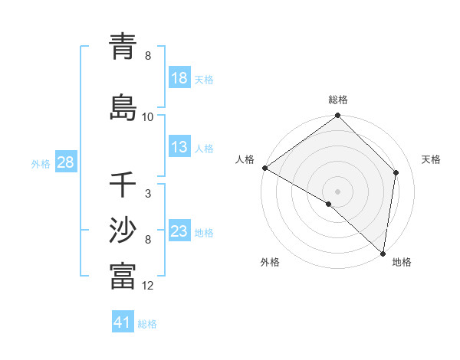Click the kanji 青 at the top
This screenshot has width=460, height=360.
[x=123, y=47]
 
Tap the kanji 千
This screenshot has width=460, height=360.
[x=123, y=185]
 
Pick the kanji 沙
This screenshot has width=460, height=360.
[x=123, y=230]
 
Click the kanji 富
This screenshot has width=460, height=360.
[x=123, y=276]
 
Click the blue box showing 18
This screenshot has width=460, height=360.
[x=179, y=78]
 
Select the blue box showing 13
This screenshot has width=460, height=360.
[x=179, y=147]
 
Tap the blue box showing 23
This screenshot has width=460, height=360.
[x=179, y=231]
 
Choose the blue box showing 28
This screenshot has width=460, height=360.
[x=65, y=162]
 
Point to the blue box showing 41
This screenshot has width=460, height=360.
[x=123, y=322]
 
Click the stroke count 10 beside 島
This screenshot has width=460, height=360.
[x=148, y=117]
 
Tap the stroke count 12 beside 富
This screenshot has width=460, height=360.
[x=148, y=286]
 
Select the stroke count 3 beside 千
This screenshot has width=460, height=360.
[x=147, y=195]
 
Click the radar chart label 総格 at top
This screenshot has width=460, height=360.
[x=338, y=100]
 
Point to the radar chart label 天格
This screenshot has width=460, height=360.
[x=431, y=159]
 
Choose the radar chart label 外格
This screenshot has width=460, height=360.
[x=270, y=263]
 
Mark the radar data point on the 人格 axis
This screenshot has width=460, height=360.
[x=264, y=168]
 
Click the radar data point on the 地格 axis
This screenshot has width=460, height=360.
[x=383, y=254]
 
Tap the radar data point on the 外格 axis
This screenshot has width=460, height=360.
[x=329, y=204]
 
